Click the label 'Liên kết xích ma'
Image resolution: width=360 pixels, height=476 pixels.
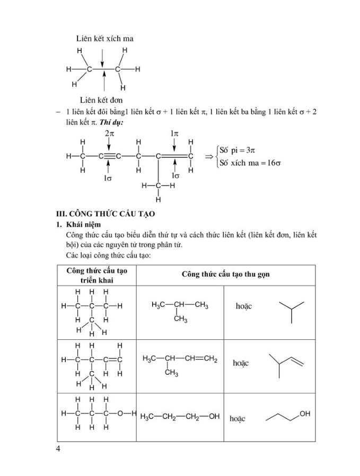coord(104,39)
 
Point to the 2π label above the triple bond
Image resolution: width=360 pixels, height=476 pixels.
coord(109,134)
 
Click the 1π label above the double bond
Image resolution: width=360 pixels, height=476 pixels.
coord(174,134)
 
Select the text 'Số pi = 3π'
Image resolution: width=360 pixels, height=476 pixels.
coord(238,150)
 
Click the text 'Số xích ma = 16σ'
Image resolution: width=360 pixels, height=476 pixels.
coord(250,163)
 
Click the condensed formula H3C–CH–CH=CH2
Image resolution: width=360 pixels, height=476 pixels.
coord(180,359)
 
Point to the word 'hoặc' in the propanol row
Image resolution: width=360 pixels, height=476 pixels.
coord(238,419)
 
